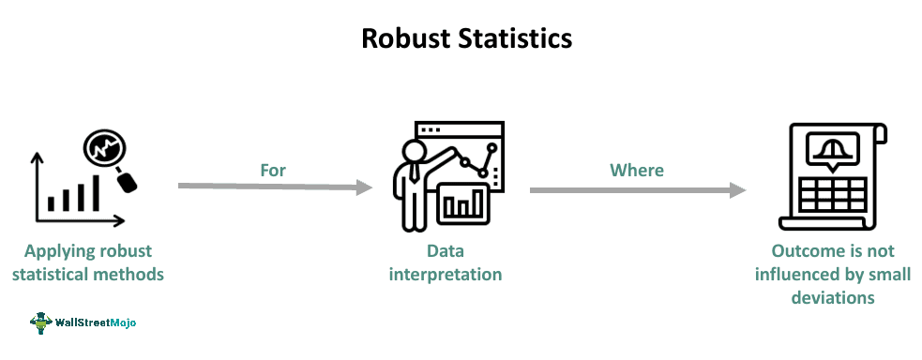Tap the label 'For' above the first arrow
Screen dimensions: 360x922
(273, 170)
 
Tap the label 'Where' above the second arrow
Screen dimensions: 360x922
(637, 170)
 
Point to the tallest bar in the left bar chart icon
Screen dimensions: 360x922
(94, 194)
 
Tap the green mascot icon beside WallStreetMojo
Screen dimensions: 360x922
(39, 322)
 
